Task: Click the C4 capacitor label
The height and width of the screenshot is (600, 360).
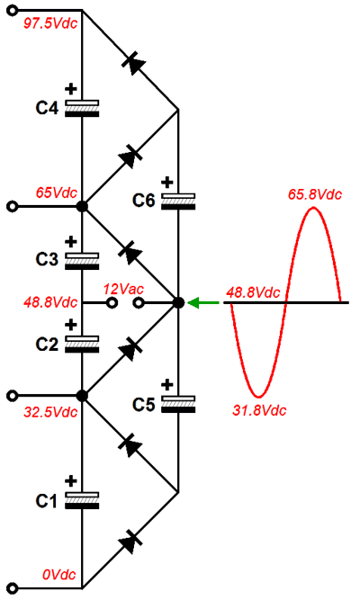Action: click(47, 108)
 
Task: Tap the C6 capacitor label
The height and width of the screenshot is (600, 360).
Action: click(144, 201)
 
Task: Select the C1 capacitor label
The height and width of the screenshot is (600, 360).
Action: click(46, 501)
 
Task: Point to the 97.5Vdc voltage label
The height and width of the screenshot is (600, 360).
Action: click(50, 23)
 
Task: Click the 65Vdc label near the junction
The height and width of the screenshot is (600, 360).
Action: click(57, 193)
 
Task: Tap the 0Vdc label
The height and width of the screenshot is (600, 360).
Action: click(59, 574)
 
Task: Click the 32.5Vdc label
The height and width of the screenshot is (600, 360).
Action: click(50, 412)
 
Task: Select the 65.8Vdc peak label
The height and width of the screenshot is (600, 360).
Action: click(315, 194)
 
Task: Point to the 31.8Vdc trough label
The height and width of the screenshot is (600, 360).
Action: click(260, 410)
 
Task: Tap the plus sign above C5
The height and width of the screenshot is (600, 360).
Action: click(167, 385)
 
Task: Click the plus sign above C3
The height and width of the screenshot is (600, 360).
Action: click(70, 242)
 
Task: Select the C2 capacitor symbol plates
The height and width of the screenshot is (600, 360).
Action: click(82, 344)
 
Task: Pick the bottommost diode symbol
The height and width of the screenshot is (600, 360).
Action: click(130, 541)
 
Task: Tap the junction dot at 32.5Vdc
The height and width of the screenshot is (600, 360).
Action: click(82, 396)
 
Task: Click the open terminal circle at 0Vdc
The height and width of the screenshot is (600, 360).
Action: click(13, 588)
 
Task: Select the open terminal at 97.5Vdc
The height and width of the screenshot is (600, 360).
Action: click(13, 10)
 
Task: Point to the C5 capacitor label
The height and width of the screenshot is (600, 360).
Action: click(144, 405)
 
